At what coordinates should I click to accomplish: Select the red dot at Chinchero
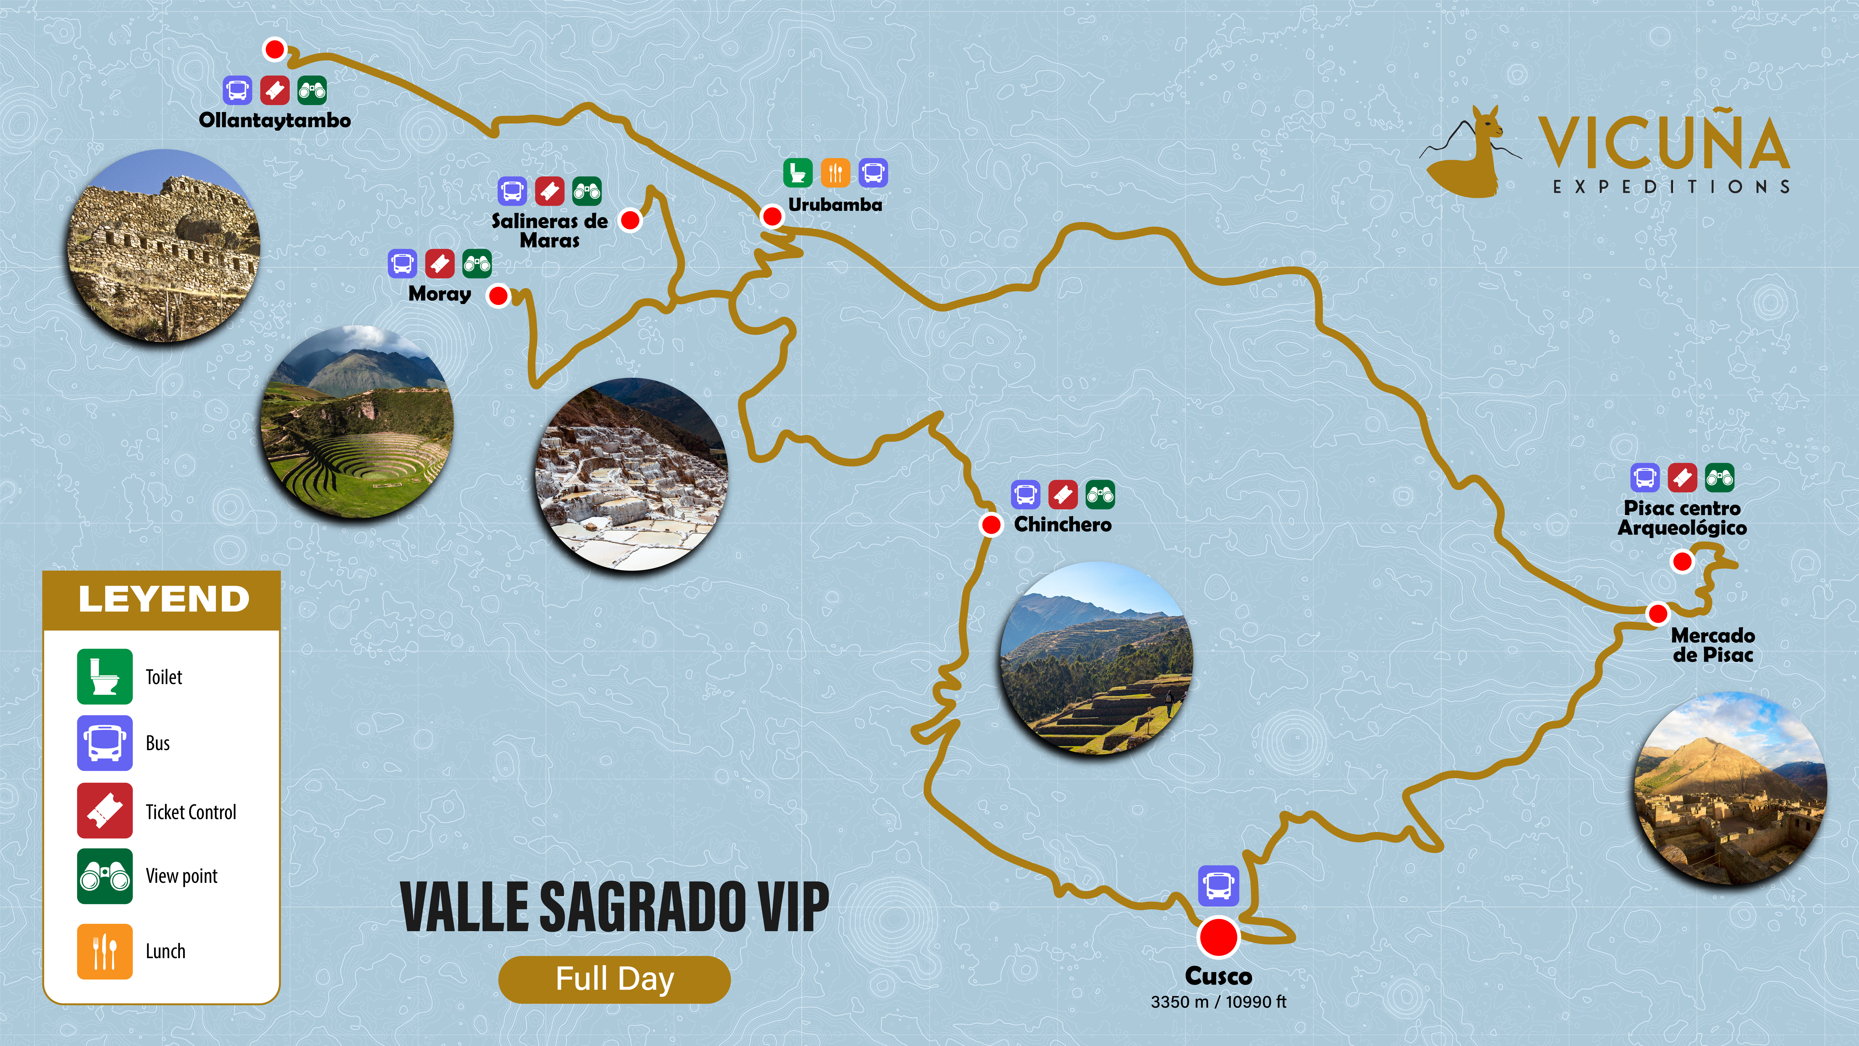click(x=992, y=525)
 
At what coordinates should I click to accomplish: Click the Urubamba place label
click(x=835, y=205)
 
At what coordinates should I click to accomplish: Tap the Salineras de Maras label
click(x=550, y=230)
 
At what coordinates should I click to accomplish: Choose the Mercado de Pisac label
click(x=1713, y=645)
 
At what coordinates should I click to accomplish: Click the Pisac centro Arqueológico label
click(x=1682, y=518)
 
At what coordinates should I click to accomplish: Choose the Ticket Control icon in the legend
click(x=105, y=810)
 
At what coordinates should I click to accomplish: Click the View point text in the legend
click(x=181, y=876)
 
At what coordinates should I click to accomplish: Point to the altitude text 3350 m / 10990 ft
click(x=1218, y=1002)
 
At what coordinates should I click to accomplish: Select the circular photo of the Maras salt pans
click(x=631, y=474)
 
